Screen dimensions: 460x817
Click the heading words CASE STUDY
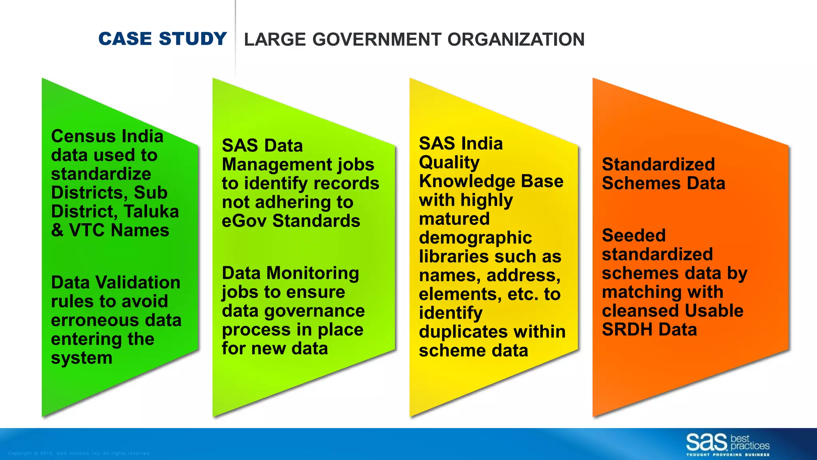pos(162,39)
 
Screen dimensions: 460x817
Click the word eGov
pos(244,221)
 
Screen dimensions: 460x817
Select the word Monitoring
pos(313,273)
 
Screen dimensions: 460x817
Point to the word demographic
pos(475,238)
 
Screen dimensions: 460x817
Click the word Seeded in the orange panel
pos(633,235)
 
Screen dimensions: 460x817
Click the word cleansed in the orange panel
pos(630,311)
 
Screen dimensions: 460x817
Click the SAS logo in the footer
pos(706,442)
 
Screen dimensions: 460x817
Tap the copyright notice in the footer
pos(79,453)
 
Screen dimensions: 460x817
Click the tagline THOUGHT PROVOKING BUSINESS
pos(728,455)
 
